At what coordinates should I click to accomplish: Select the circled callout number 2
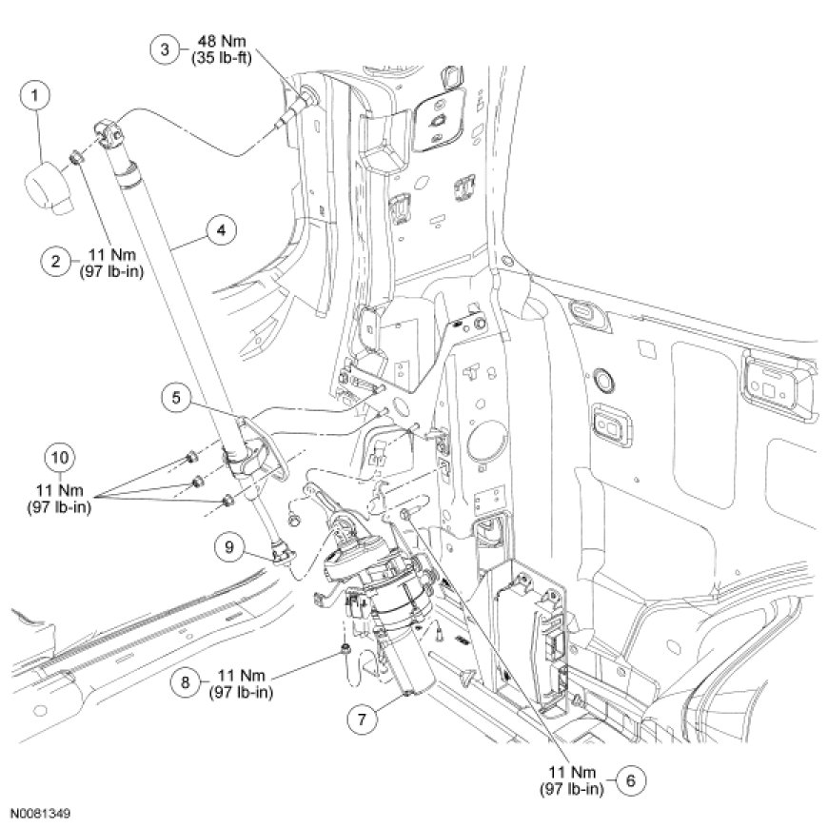[x=56, y=259]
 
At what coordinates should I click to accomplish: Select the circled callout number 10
[x=60, y=455]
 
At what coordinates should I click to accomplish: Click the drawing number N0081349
[x=40, y=815]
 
